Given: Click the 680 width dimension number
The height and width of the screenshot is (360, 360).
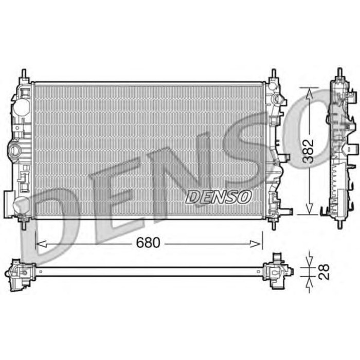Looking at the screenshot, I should (x=149, y=242).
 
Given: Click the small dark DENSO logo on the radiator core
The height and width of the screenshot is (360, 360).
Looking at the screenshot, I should (x=219, y=196).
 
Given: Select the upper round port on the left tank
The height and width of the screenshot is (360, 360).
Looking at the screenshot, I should (x=21, y=107).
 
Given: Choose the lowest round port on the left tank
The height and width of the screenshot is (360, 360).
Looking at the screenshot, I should (x=21, y=204).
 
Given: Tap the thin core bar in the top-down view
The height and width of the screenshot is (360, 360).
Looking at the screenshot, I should (x=149, y=270).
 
